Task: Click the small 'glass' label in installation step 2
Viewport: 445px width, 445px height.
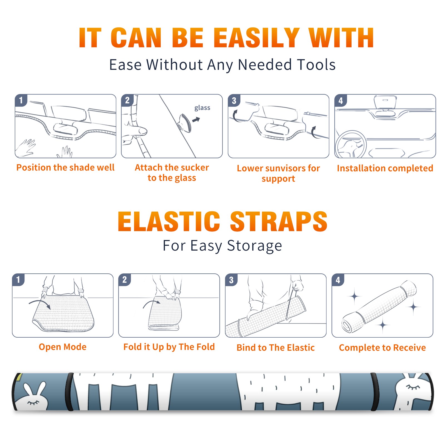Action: tap(202, 108)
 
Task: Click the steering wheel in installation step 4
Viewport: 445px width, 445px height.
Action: tap(351, 145)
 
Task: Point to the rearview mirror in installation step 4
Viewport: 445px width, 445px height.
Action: tap(385, 102)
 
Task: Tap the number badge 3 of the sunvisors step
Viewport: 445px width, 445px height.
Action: tap(234, 100)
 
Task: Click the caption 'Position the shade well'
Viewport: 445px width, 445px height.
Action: tap(65, 167)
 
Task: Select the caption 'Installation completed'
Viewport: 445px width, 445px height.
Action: tap(385, 168)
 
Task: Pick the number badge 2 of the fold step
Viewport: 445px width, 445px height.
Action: tap(125, 280)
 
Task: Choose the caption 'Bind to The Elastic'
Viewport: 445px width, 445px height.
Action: tap(275, 348)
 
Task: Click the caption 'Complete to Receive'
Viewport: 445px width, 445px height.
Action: tap(382, 348)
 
